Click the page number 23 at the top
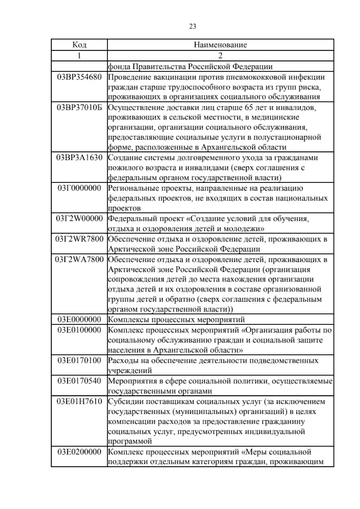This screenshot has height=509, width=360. pyautogui.click(x=193, y=27)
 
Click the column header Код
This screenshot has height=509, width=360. pyautogui.click(x=79, y=45)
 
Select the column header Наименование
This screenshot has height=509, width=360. pyautogui.click(x=220, y=45)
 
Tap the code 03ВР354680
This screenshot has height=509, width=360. pyautogui.click(x=79, y=77)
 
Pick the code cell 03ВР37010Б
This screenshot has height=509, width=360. pyautogui.click(x=79, y=107)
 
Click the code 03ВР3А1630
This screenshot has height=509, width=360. pyautogui.click(x=79, y=158)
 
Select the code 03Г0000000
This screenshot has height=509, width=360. pyautogui.click(x=79, y=188)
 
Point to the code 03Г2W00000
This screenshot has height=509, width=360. pyautogui.click(x=79, y=218)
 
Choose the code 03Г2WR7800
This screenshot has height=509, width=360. pyautogui.click(x=79, y=239)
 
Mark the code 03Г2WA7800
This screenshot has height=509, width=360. pyautogui.click(x=79, y=259)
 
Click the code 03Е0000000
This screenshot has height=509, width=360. pyautogui.click(x=79, y=319)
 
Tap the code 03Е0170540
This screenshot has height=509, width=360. pyautogui.click(x=79, y=381)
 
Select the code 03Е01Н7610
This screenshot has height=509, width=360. pyautogui.click(x=79, y=401)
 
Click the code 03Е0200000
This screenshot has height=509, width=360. pyautogui.click(x=79, y=452)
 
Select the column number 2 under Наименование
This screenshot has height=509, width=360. pyautogui.click(x=220, y=56)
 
